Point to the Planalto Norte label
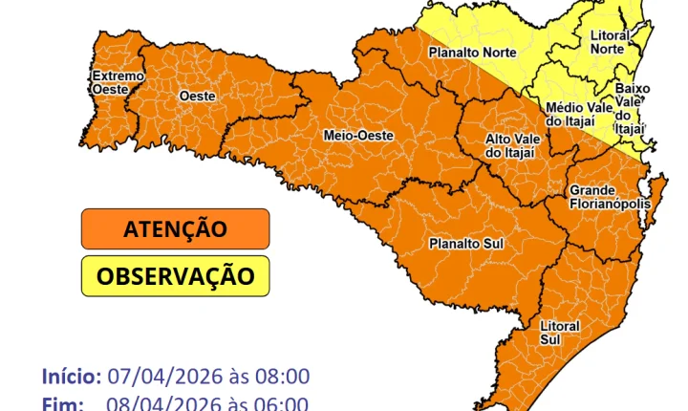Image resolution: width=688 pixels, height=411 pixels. point(472,52)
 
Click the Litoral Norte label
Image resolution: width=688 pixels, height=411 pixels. point(610,42)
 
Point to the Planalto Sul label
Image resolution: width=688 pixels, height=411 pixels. point(465,243)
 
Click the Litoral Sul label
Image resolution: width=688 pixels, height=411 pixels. point(559,333)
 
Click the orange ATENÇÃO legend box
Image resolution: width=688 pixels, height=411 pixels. point(175,229)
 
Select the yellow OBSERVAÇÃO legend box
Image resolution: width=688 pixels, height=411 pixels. point(175,276)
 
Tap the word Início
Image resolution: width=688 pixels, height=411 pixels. point(71,376)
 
